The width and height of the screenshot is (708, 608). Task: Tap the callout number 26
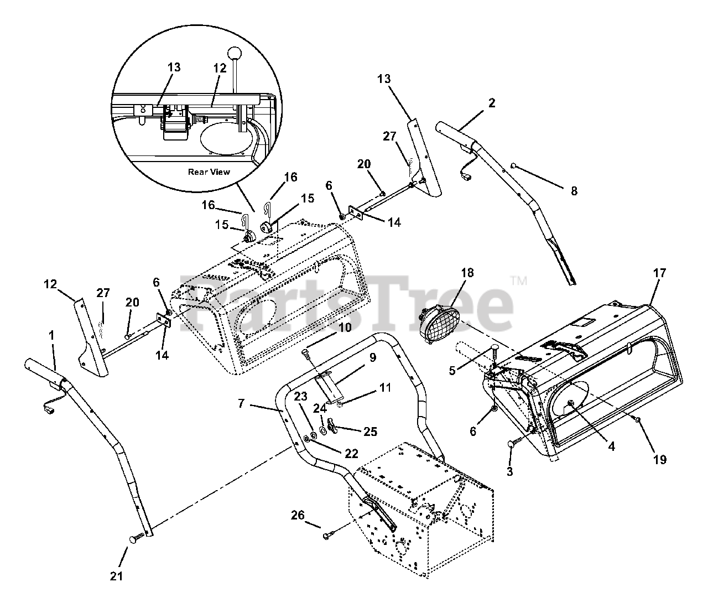[298, 516]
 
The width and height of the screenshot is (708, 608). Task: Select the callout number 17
[659, 273]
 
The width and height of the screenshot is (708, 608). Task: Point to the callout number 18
[467, 273]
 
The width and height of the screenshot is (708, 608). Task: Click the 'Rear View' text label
[209, 172]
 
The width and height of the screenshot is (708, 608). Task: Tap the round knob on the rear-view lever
[236, 55]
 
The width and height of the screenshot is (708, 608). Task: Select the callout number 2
[492, 102]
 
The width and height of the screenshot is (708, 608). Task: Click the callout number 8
[574, 191]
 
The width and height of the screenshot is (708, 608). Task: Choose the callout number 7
[241, 404]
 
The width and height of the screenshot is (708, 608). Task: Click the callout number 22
[351, 454]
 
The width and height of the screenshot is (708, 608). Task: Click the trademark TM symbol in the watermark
[518, 280]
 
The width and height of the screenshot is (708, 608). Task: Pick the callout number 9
[372, 357]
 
